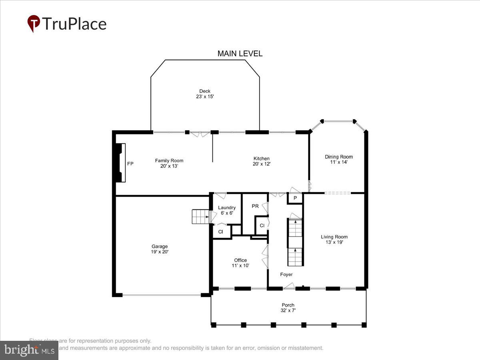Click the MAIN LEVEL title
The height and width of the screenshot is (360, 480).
[x=240, y=54]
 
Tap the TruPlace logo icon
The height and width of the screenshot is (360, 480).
[x=34, y=23]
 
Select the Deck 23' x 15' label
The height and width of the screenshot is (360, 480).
[x=205, y=94]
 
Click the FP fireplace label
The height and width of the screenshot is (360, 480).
[x=130, y=164]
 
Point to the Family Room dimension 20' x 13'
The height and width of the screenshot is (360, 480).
[x=169, y=166]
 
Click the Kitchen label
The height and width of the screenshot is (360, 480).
[x=262, y=158]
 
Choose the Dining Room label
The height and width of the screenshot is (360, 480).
[x=339, y=157]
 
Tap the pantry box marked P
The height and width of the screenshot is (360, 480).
[x=295, y=198]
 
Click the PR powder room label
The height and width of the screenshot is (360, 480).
[x=255, y=206]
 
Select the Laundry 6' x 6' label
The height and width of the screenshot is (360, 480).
[x=227, y=210]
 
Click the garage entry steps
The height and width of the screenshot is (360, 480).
[x=200, y=216]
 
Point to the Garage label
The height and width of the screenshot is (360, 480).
[x=160, y=246]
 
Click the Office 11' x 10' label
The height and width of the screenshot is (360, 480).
[x=240, y=263]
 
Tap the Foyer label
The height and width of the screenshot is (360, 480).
[x=286, y=274]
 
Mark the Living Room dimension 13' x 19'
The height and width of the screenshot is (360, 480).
[x=334, y=242]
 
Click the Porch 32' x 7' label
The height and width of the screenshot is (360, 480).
[x=288, y=308]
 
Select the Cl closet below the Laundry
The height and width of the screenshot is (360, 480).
[x=220, y=232]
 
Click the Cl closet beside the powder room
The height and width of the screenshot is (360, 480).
[x=262, y=226]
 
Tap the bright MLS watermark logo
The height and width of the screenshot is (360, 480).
[x=29, y=350]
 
